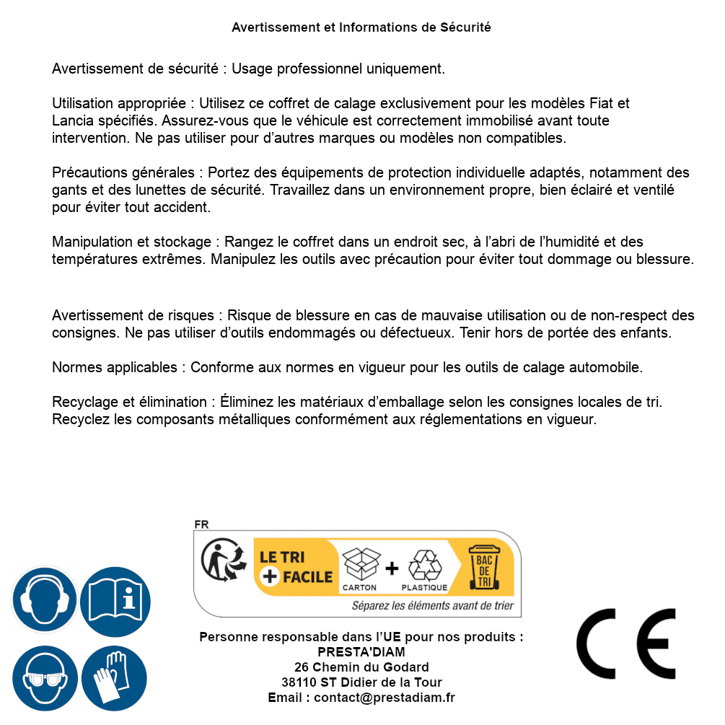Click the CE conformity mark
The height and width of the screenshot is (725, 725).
pyautogui.click(x=625, y=643)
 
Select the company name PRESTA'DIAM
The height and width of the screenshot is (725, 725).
pyautogui.click(x=361, y=652)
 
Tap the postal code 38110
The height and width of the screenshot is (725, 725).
pyautogui.click(x=299, y=682)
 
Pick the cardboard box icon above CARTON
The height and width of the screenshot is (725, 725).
pyautogui.click(x=359, y=563)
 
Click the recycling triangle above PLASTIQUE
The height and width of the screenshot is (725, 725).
pyautogui.click(x=424, y=565)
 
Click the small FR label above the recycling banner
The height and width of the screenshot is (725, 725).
pyautogui.click(x=201, y=525)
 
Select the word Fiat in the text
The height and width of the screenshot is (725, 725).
pyautogui.click(x=602, y=103)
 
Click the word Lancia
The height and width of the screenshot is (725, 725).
pyautogui.click(x=73, y=120)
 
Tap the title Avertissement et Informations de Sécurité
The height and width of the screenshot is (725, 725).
pyautogui.click(x=361, y=27)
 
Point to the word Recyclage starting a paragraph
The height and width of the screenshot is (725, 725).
pyautogui.click(x=82, y=402)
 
